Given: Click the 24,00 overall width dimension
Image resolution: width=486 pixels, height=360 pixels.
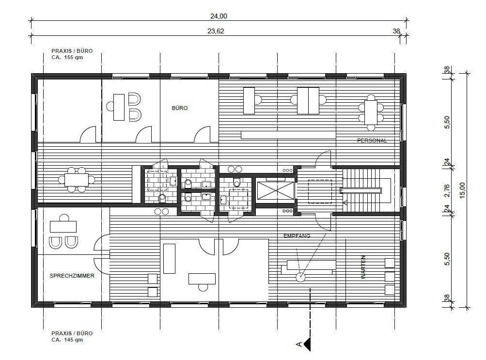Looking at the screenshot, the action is coord(219,16).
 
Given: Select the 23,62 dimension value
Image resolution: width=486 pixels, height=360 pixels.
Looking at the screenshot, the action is coord(216,31).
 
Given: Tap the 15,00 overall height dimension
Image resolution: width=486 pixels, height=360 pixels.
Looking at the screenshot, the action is coord(462,190).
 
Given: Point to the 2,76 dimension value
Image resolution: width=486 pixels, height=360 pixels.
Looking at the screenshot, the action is coord(447,190).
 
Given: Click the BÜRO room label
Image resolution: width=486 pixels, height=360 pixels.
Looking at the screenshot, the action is coord(180,108).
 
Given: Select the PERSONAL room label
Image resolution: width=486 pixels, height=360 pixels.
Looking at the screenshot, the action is coord(372,141).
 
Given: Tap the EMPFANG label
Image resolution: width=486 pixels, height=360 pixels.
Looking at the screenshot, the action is coord(297,236).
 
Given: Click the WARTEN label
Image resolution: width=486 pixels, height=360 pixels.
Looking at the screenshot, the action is coord(363,267).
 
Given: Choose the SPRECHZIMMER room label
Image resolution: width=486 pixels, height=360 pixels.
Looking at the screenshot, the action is coord(72,276).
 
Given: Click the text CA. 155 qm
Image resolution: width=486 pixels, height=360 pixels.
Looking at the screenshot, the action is coord(67,57).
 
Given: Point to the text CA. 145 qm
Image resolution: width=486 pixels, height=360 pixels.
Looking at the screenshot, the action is coord(67,340).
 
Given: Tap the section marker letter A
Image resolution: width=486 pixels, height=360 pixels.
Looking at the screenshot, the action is coord(299,344).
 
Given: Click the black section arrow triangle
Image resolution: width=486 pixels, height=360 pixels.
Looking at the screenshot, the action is coord(308,344).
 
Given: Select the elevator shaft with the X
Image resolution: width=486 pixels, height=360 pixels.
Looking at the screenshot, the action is coord(276,190).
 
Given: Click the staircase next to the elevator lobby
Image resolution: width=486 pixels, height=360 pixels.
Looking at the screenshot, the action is coord(365,190).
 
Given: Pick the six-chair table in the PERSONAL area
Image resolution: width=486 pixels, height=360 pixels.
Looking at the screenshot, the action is coord(371,112).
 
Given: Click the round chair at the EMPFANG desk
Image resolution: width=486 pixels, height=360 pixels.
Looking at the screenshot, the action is coord(300,277).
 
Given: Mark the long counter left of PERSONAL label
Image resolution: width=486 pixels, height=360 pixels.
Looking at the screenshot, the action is coord(288,135).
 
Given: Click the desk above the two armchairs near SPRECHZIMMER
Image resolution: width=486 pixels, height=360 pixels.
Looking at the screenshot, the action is coord(63,226).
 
